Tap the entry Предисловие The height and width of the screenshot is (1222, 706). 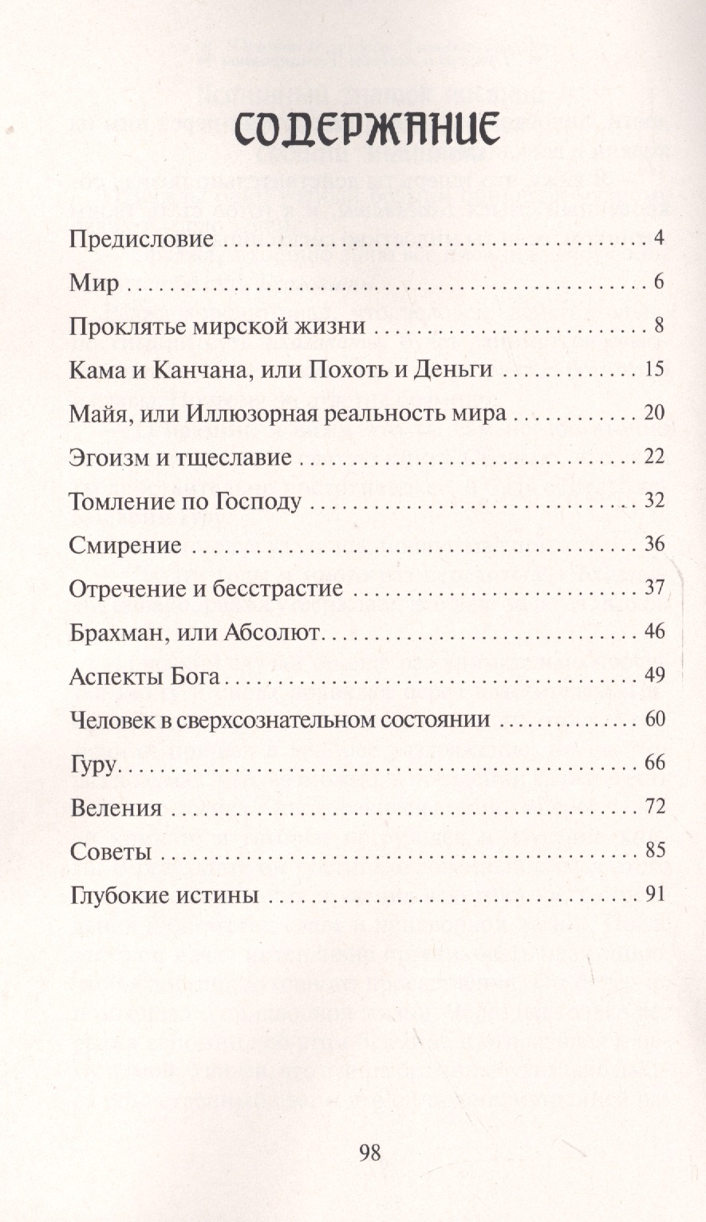[x=141, y=239]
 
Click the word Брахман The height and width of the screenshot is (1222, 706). [x=117, y=634]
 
